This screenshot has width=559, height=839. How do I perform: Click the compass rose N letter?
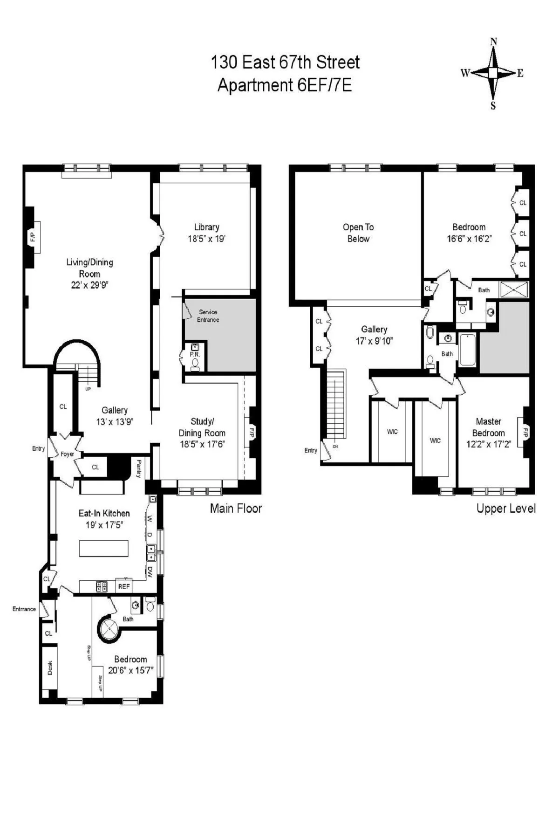(x=493, y=42)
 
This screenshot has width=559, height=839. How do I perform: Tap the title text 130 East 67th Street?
(x=285, y=62)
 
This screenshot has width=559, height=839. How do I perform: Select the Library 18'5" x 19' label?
(x=206, y=233)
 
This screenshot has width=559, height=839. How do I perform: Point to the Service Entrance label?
(x=208, y=316)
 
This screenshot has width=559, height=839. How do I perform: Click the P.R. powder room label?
(x=194, y=354)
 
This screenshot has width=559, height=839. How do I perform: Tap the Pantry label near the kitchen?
(x=138, y=468)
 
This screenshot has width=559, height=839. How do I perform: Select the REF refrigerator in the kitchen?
(x=123, y=586)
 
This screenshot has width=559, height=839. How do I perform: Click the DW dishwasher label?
(x=150, y=572)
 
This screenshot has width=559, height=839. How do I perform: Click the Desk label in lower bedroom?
(x=50, y=668)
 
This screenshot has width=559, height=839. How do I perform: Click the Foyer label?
(x=67, y=454)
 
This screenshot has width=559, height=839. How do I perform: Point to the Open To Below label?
(x=358, y=233)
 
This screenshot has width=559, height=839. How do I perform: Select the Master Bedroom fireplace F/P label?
(x=525, y=432)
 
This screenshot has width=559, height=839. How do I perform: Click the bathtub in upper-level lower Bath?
(x=467, y=350)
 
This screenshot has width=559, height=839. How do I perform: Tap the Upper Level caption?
(x=505, y=509)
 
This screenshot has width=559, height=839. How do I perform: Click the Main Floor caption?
(x=236, y=508)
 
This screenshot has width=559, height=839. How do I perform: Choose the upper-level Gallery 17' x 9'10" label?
(x=374, y=335)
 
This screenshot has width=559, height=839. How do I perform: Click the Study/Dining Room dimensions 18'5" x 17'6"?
(x=202, y=444)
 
